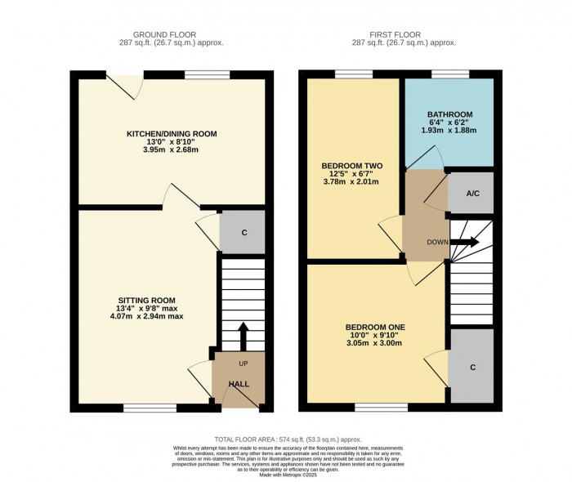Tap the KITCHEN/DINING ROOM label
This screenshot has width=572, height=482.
point(171,134)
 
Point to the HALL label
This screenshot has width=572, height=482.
point(239,384)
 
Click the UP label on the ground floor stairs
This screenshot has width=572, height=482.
point(244,364)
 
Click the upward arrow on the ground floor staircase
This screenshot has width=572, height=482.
point(243,336)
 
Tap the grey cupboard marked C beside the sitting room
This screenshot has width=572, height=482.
point(244,232)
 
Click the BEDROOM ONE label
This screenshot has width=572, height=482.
point(377,328)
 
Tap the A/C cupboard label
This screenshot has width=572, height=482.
point(471,194)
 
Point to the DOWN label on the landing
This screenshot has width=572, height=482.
point(437,243)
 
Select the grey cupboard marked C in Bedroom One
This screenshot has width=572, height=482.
point(472,367)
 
